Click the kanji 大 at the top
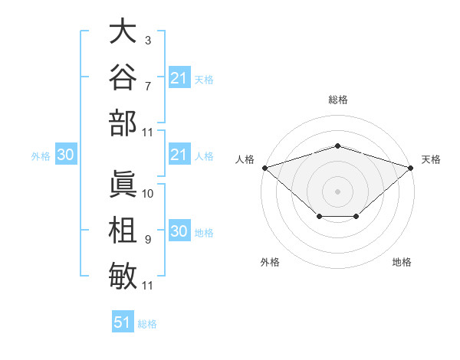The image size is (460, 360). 123,31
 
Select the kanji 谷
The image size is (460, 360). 123,77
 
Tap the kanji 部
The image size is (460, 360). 123,123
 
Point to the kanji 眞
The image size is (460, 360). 123,184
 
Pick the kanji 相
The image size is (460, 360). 123,230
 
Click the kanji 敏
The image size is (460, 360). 123,276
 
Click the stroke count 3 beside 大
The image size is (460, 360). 148,41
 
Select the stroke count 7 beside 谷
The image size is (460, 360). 148,87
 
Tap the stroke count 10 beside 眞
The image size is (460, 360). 147,194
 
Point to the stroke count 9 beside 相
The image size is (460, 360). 148,240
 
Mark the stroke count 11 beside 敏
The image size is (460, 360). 147,286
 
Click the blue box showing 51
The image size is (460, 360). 123,321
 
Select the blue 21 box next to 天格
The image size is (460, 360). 179,77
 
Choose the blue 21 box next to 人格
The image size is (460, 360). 179,154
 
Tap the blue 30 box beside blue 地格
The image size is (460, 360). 179,230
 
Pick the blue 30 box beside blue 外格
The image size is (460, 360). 66,154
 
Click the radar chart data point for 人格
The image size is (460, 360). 265,168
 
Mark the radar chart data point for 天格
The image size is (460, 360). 411,168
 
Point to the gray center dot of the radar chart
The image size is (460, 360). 337,191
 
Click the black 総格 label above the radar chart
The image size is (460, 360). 338,100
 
